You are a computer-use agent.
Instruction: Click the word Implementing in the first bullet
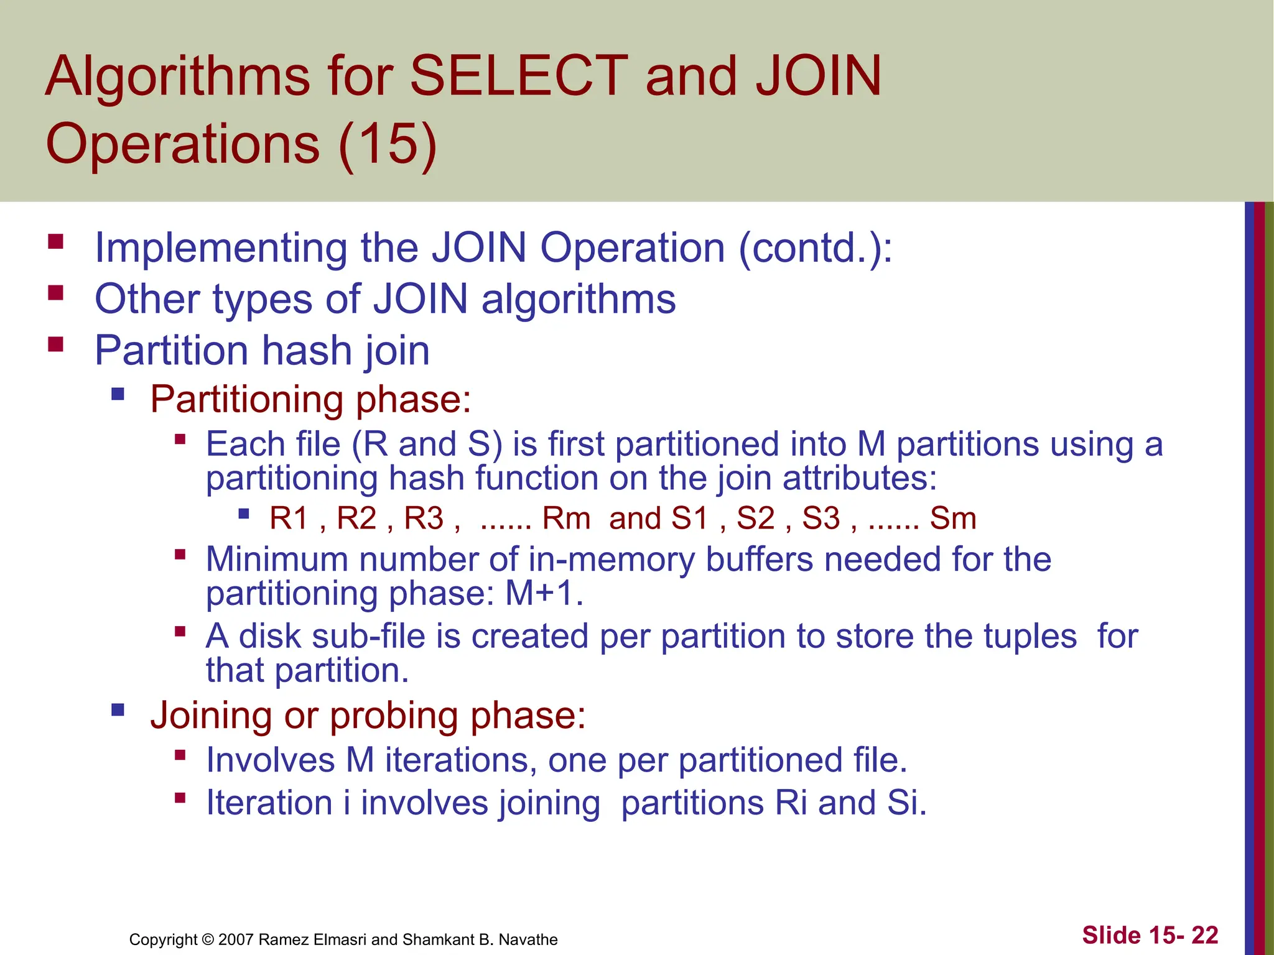220,248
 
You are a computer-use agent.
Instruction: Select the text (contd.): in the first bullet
815,248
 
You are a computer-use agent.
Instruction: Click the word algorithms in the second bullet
579,300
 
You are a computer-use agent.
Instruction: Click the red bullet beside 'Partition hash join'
56,344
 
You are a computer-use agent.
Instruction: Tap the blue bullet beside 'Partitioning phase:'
118,394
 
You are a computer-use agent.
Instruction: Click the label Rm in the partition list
565,519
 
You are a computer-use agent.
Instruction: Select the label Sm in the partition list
952,519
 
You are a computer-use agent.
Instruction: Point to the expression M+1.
543,593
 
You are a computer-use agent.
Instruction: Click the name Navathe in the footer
528,939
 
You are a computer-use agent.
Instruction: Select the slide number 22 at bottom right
1204,935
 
